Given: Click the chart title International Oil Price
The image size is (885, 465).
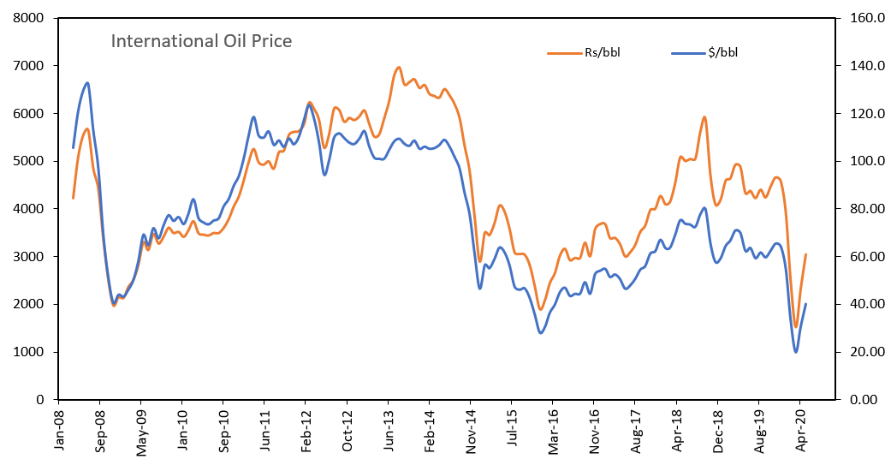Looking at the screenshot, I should [201, 41].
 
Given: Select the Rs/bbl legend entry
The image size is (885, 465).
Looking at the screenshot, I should [596, 52].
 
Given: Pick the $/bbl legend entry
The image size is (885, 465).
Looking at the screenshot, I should [718, 52].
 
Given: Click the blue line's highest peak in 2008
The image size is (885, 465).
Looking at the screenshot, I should [87, 83].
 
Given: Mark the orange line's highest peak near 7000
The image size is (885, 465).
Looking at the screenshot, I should [399, 67].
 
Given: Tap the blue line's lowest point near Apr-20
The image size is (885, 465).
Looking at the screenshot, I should [796, 352].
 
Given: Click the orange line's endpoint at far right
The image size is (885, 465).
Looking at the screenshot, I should [806, 254].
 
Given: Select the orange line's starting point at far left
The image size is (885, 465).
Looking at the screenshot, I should [73, 198].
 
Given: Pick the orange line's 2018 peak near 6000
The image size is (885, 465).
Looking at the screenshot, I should [704, 117].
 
